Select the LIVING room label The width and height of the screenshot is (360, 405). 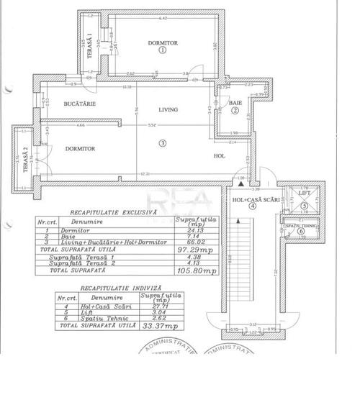click(x=167, y=109)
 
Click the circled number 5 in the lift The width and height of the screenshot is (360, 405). click(x=305, y=206)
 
